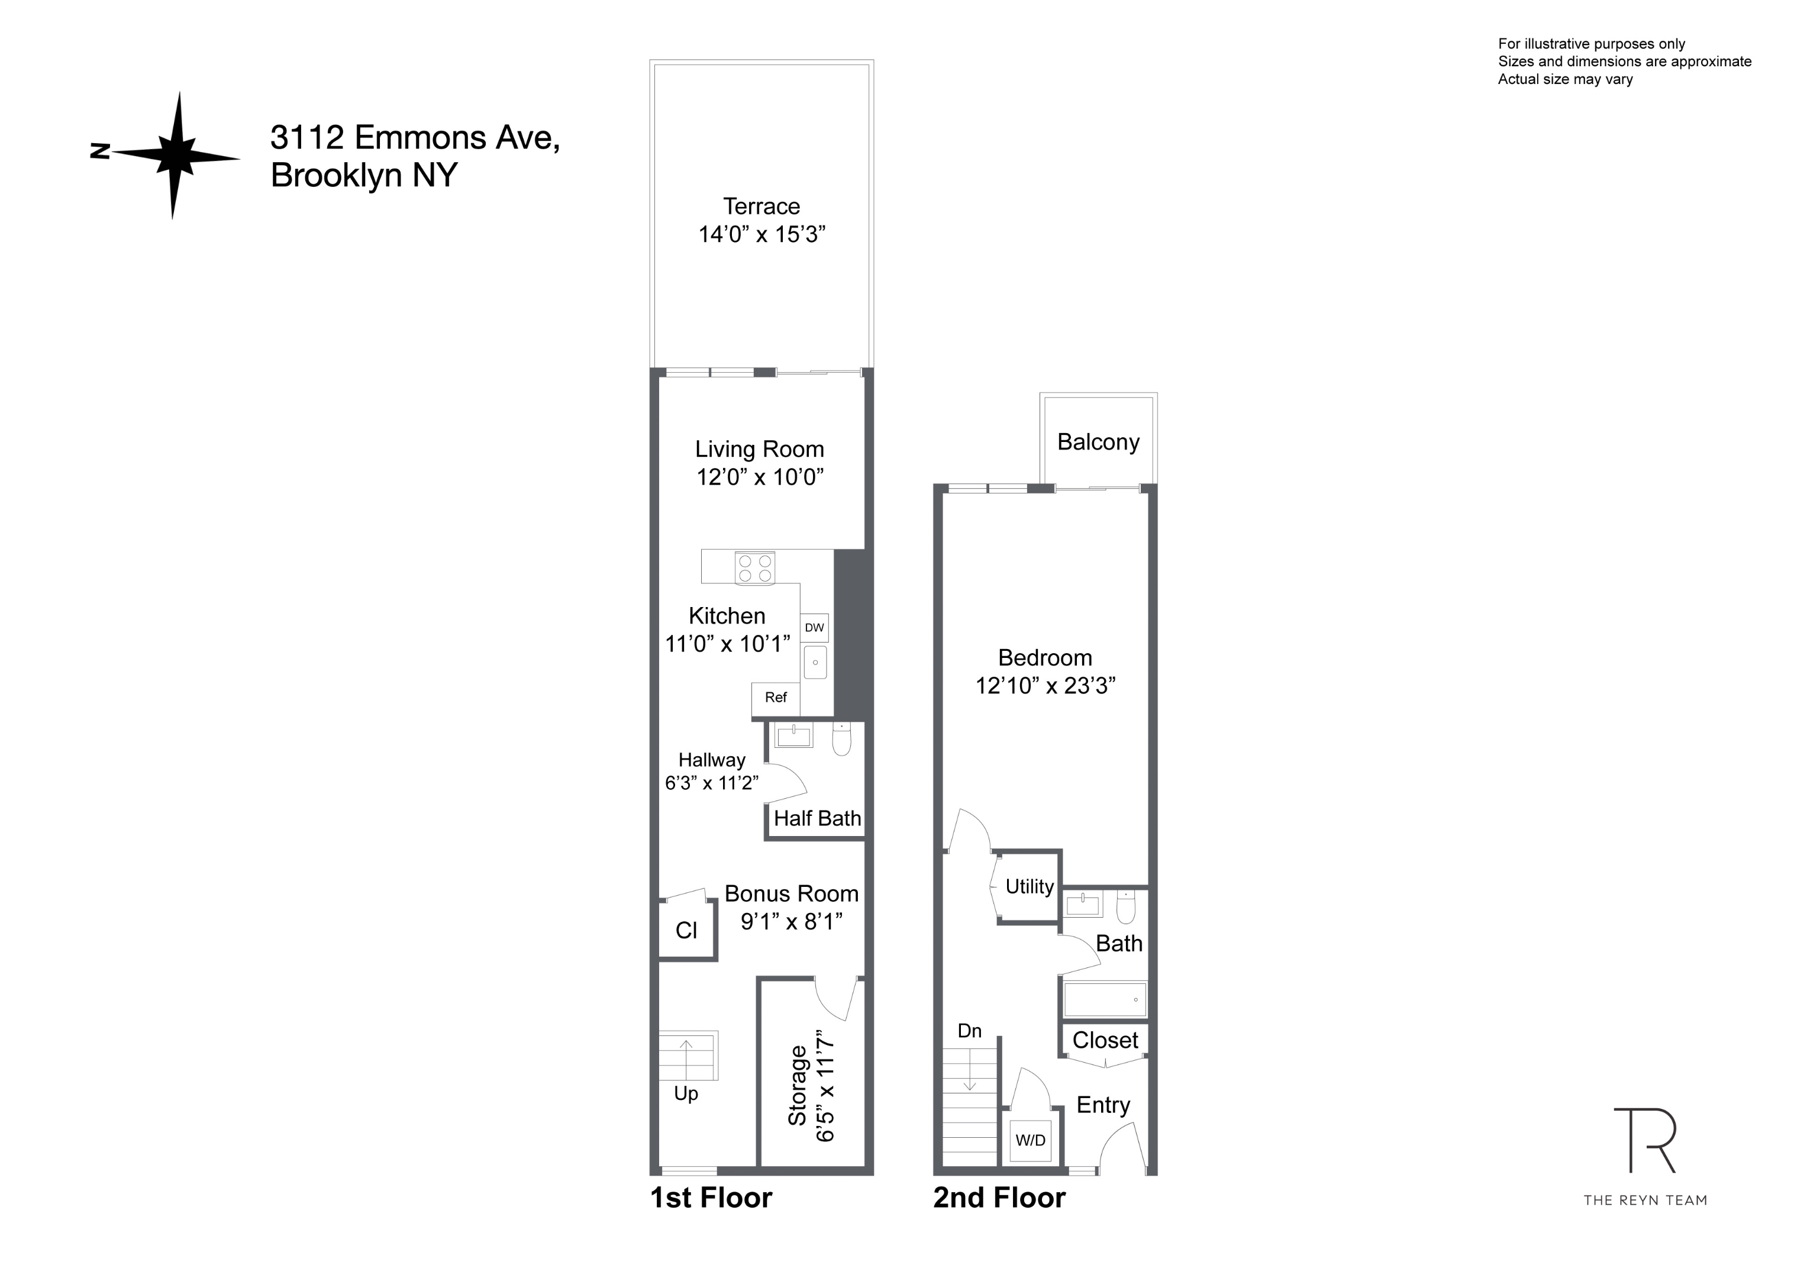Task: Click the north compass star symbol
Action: point(174,154)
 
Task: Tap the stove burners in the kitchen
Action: point(755,568)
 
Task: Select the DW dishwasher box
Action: point(815,627)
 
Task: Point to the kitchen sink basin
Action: point(815,662)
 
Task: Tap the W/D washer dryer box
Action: point(1030,1140)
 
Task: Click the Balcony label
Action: point(1098,442)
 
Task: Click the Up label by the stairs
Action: point(686,1093)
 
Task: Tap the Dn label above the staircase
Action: point(970,1031)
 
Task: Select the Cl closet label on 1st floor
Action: point(686,930)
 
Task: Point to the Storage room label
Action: point(798,1085)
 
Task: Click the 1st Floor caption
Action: point(711,1197)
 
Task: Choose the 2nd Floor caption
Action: point(999,1197)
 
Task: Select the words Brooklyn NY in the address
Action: point(364,175)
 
